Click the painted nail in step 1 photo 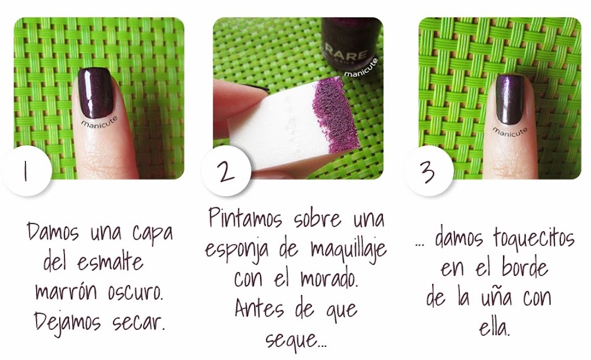tap(96, 93)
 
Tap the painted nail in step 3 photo tap(510, 99)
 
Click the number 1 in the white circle tap(25, 172)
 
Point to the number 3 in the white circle tap(427, 172)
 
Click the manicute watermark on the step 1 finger tap(99, 123)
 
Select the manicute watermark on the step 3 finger tap(510, 131)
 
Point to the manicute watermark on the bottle tap(361, 68)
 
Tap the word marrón tap(66, 292)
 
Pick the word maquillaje tap(349, 248)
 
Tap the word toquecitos tap(534, 239)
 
